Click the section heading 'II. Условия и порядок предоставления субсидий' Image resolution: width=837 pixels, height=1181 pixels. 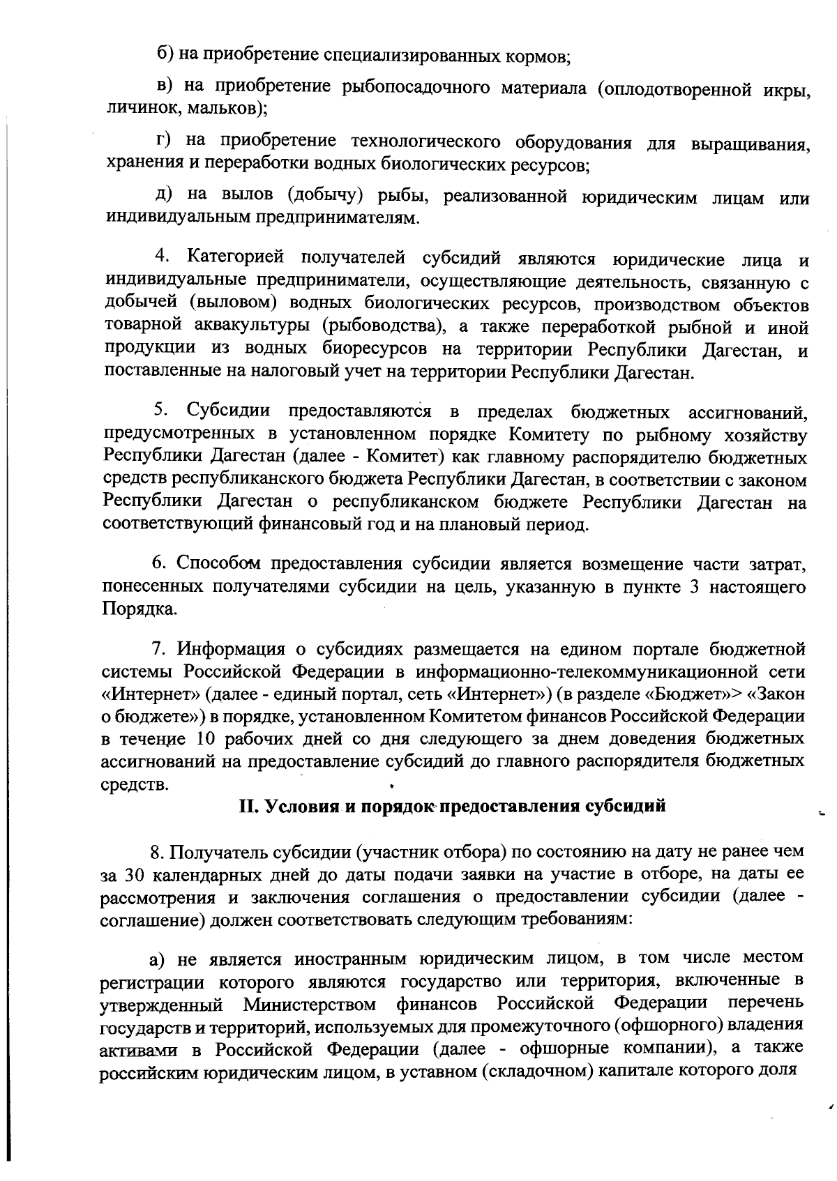pos(452,806)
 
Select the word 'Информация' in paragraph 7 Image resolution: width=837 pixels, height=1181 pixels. pos(231,649)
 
